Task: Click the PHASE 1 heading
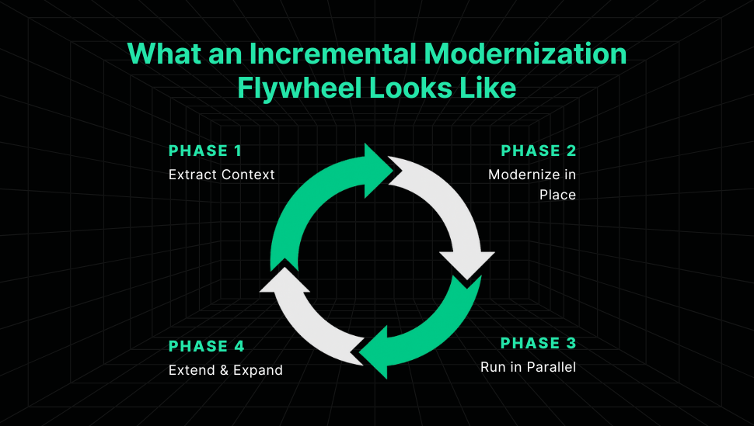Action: pyautogui.click(x=205, y=151)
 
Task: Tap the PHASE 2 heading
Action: pyautogui.click(x=539, y=151)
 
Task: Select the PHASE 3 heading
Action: pyautogui.click(x=538, y=344)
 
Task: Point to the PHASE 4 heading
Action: pyautogui.click(x=206, y=346)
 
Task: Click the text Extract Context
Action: pyautogui.click(x=222, y=175)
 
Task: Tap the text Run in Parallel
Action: pyautogui.click(x=528, y=367)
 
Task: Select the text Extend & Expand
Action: pyautogui.click(x=225, y=370)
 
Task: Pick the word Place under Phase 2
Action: pyautogui.click(x=557, y=195)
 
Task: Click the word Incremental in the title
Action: pyautogui.click(x=333, y=54)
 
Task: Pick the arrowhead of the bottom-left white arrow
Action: pyautogui.click(x=284, y=280)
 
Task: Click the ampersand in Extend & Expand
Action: pyautogui.click(x=224, y=370)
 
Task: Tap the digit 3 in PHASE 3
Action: pyautogui.click(x=571, y=344)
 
